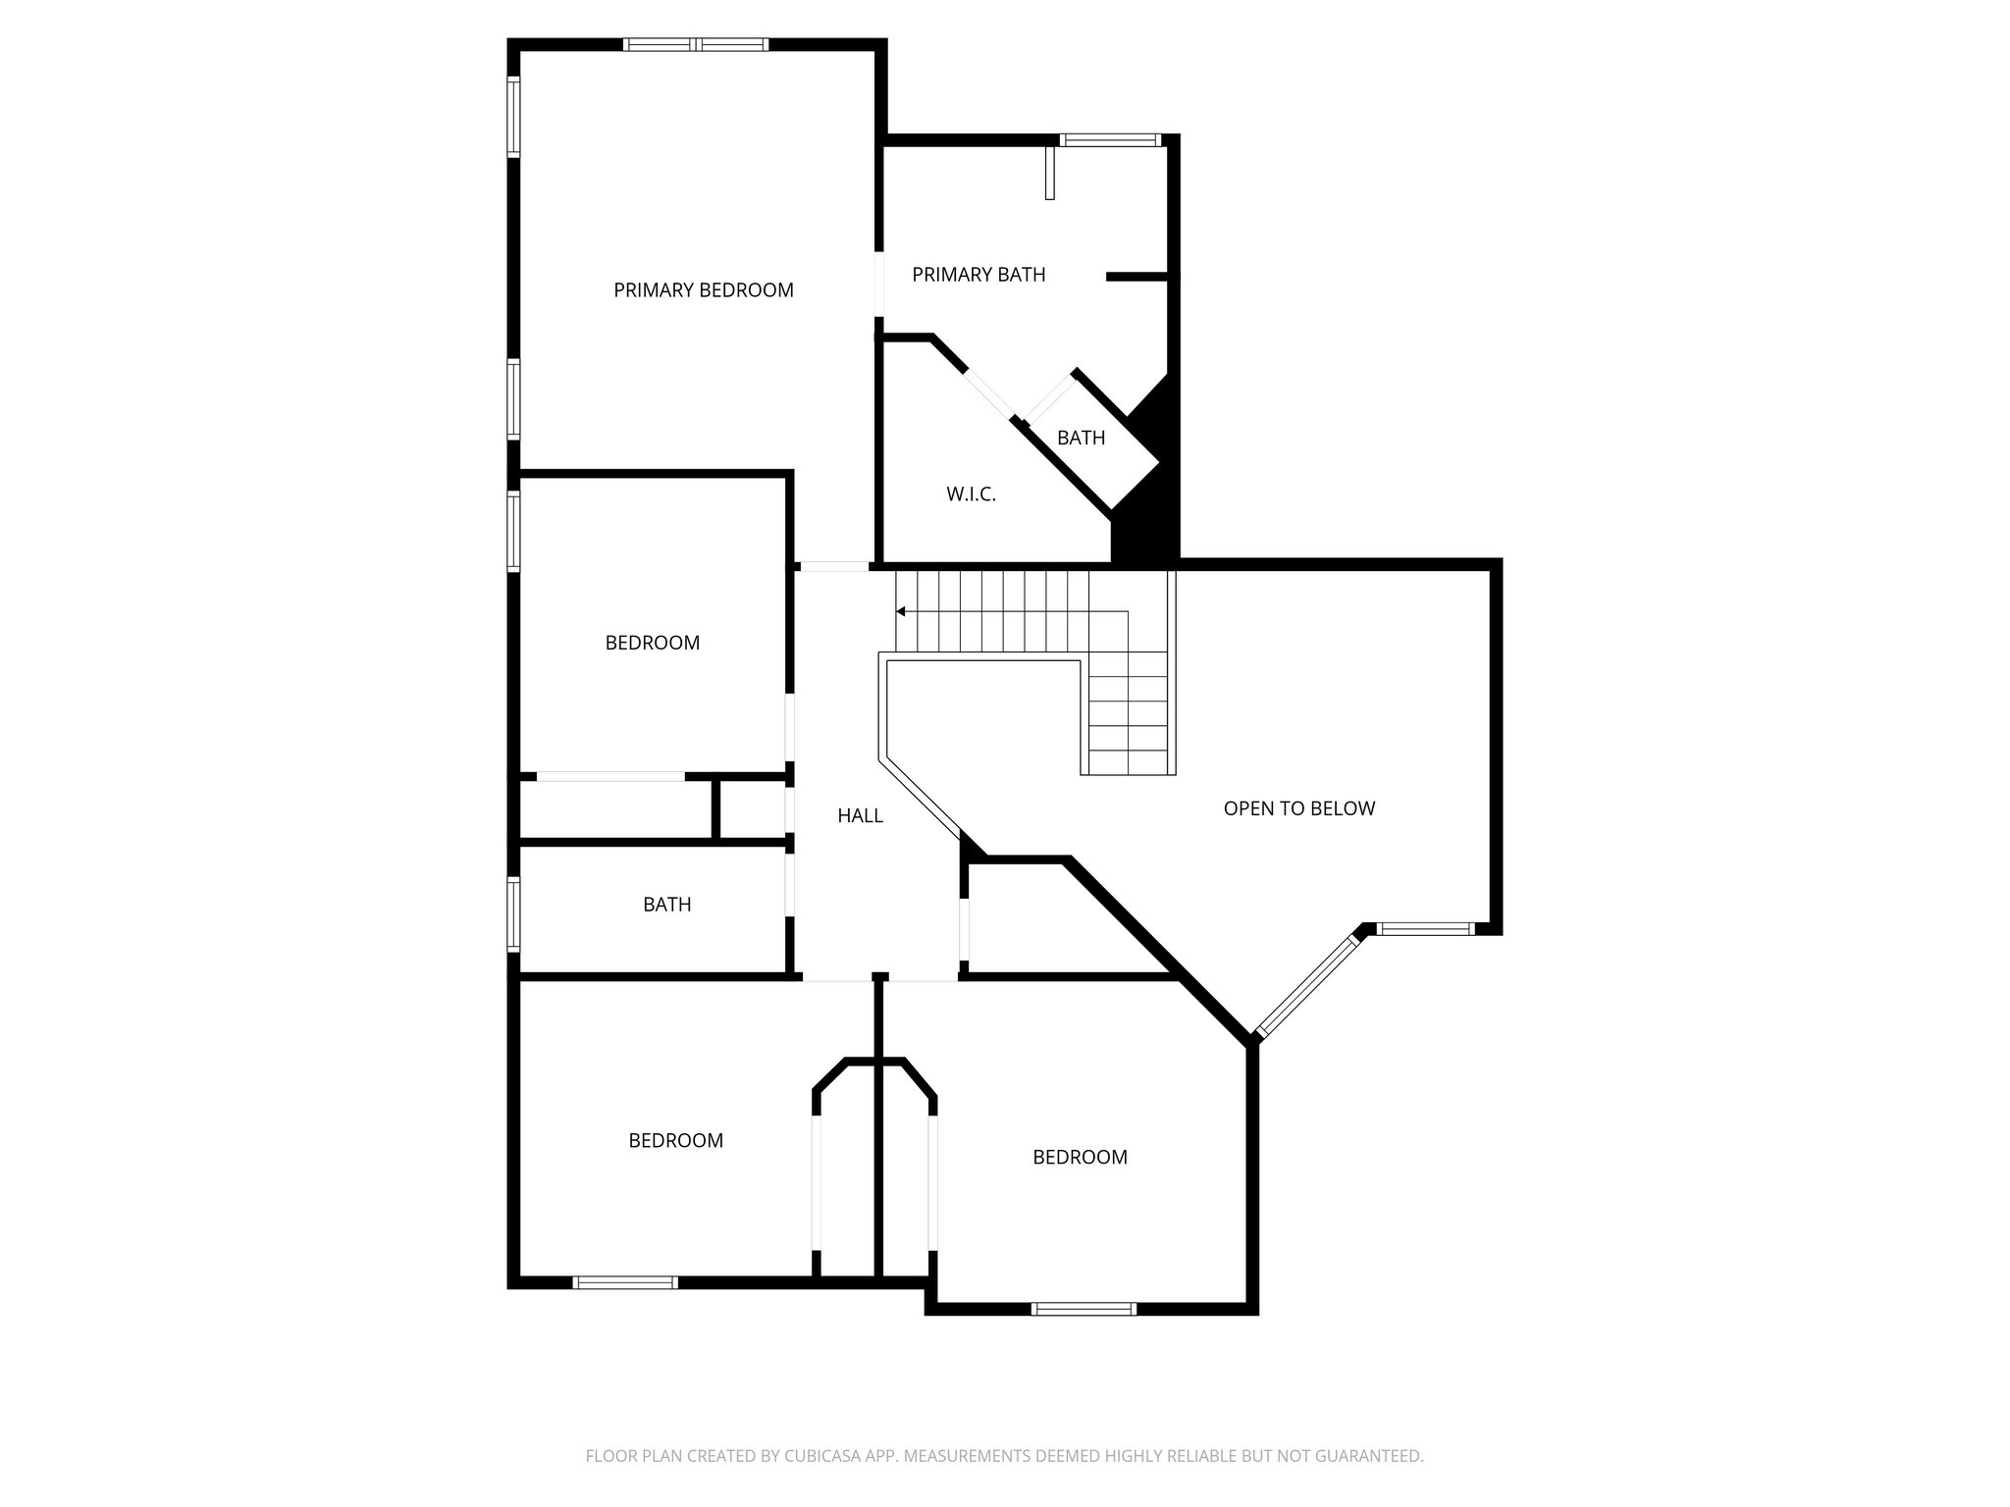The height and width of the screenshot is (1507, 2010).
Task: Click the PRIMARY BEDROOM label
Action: (x=703, y=290)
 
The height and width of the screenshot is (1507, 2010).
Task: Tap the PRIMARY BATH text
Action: (x=979, y=275)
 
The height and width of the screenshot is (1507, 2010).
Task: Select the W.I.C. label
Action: (x=971, y=494)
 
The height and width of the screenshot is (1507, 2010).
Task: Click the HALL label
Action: (x=860, y=815)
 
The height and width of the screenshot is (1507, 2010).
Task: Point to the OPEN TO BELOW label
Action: (x=1298, y=808)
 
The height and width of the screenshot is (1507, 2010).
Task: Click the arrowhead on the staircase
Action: (x=900, y=611)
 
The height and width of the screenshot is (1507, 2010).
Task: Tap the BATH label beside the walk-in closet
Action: (x=1081, y=438)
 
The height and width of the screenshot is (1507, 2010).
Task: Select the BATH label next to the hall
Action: (x=666, y=905)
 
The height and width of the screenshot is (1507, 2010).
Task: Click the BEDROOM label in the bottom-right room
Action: (x=1080, y=1158)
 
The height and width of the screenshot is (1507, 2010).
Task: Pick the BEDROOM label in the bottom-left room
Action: (x=675, y=1141)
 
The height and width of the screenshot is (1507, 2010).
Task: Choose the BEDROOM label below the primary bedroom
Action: (x=652, y=644)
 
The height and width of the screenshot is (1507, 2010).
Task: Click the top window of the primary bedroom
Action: (x=695, y=44)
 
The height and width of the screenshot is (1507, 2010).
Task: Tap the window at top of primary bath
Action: (x=1110, y=140)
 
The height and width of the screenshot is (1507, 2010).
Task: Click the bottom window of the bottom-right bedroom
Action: (x=1084, y=1308)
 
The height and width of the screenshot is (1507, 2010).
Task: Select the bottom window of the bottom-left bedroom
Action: (x=624, y=1282)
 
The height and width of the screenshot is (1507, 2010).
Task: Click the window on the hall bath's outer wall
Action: (x=513, y=913)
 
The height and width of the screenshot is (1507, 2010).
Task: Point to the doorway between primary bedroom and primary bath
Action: (x=879, y=285)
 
